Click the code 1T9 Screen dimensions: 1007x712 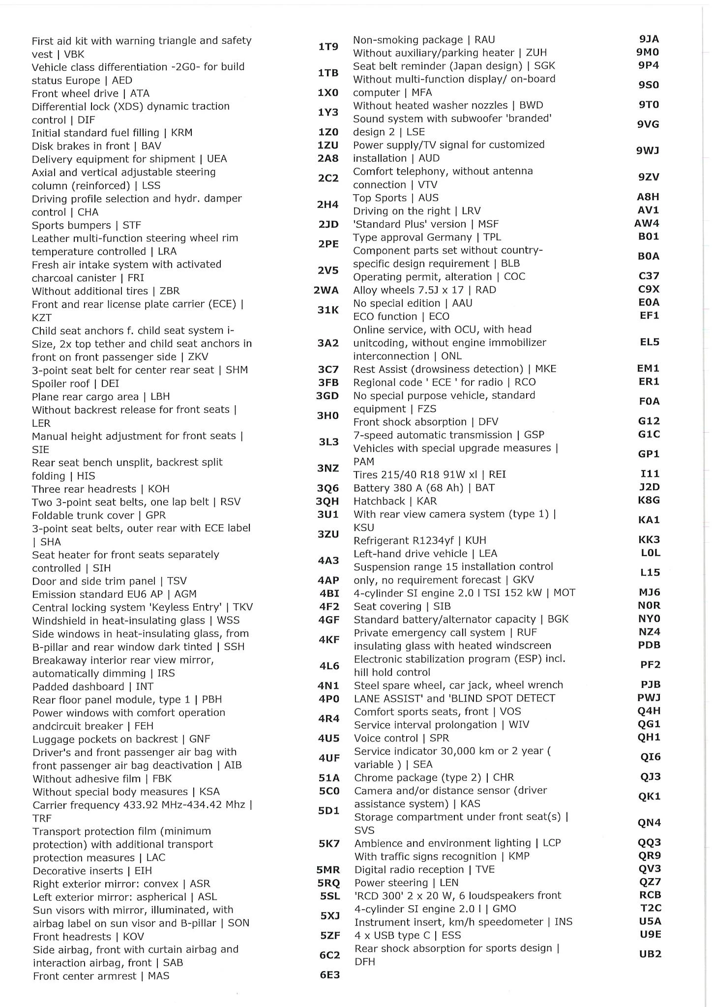[x=328, y=47]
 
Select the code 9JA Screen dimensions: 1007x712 [x=649, y=39]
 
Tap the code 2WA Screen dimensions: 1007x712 [x=326, y=290]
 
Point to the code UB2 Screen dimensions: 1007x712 [x=650, y=954]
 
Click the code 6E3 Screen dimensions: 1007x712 [x=329, y=975]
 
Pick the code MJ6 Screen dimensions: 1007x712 [x=649, y=592]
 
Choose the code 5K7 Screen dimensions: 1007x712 [x=329, y=844]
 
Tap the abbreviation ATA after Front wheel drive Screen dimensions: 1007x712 [x=140, y=93]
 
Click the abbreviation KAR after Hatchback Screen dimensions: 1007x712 [x=426, y=501]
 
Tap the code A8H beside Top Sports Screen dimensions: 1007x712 [x=648, y=197]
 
